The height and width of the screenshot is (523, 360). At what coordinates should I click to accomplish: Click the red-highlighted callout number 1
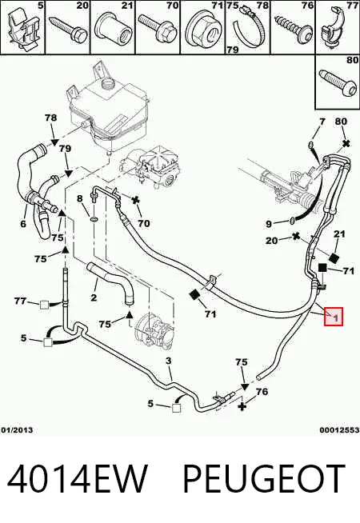coord(334,316)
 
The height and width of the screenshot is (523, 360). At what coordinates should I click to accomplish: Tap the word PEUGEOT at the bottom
coord(264,479)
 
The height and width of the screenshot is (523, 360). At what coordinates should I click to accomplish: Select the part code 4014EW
coord(77,479)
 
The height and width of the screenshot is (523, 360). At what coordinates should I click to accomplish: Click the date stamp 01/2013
coord(17,429)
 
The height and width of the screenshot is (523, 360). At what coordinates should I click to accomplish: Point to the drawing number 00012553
coord(339,429)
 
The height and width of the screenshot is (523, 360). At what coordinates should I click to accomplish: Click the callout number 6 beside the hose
coord(23,223)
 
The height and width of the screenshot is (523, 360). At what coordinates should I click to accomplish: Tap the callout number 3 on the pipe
coord(169,361)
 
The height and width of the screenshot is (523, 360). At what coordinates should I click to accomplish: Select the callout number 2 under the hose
coord(94,297)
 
